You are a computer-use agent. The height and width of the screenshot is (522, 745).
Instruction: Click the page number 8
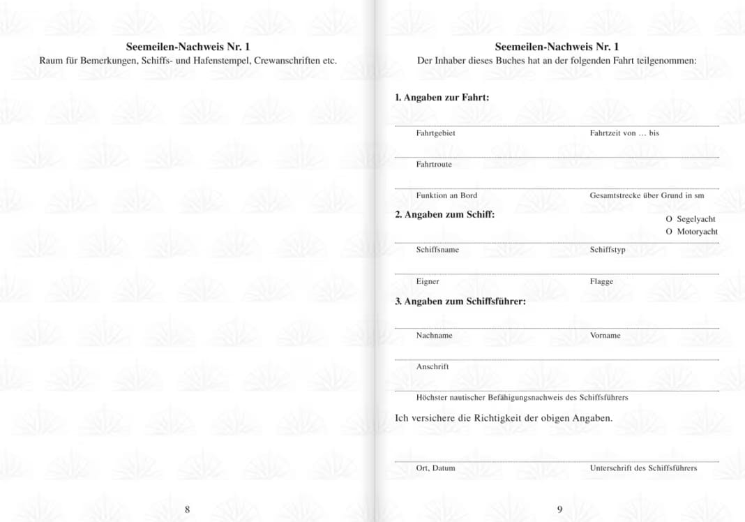(187, 509)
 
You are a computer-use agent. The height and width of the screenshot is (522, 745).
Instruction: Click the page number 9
(559, 509)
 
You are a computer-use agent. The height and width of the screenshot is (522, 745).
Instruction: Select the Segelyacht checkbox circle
(669, 219)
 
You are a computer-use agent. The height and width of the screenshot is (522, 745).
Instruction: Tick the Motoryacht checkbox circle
(669, 232)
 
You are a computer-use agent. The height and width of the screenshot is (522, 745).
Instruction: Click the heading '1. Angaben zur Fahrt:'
(442, 98)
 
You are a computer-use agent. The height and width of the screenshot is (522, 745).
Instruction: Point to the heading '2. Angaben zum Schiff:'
(444, 215)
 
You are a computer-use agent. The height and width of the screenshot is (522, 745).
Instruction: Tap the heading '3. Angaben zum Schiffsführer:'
(460, 302)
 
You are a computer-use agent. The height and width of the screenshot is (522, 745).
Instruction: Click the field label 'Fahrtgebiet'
(435, 133)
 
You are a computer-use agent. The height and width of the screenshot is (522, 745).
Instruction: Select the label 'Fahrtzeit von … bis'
(624, 133)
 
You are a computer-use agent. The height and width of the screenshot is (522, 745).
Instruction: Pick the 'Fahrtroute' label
(434, 165)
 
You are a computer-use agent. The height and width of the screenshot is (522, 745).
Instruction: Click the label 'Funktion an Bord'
(446, 196)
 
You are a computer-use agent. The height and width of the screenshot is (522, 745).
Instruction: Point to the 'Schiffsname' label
(437, 250)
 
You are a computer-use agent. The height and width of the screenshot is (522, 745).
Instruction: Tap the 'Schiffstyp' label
(608, 250)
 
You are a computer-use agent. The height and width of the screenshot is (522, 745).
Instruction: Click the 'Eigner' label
(428, 282)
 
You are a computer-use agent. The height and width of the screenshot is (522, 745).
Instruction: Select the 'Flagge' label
(601, 282)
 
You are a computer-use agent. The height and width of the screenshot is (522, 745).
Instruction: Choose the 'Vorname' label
(605, 336)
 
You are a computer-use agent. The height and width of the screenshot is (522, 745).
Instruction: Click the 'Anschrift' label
(432, 367)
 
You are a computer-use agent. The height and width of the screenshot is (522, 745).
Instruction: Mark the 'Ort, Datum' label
(435, 468)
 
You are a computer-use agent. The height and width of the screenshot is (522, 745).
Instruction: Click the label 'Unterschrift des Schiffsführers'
(643, 468)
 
